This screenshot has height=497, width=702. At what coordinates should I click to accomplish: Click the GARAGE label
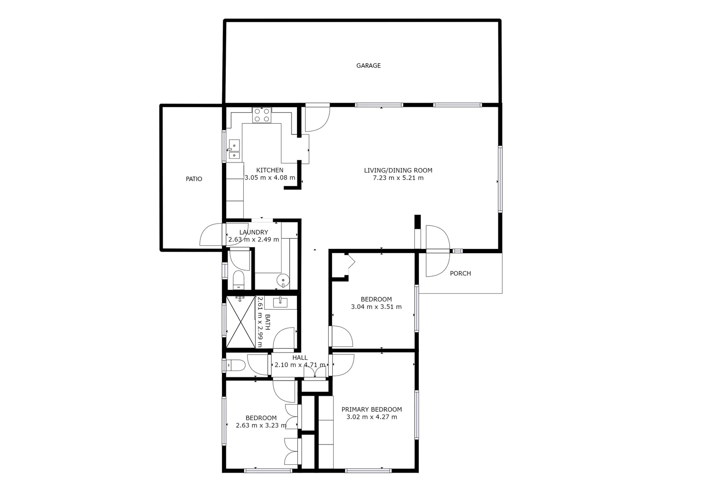coord(368,66)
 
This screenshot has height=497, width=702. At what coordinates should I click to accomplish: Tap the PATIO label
coord(194,179)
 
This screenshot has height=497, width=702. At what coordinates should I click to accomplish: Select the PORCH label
coord(460,273)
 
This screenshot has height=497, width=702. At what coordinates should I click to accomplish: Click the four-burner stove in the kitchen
coord(262,115)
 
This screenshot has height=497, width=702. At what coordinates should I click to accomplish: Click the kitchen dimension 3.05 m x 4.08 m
coord(270,178)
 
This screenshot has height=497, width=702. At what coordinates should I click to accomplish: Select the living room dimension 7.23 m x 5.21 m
coord(398,178)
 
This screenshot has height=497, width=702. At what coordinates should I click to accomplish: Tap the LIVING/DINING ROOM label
coord(398,170)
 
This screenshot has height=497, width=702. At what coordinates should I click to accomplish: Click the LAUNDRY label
coord(253,232)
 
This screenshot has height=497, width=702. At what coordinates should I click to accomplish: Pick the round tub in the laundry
coord(283,279)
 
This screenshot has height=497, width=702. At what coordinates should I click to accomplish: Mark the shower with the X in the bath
coord(240,322)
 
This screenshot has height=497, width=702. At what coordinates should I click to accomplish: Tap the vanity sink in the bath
coord(280,302)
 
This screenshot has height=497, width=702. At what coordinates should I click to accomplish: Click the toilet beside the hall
coord(235,365)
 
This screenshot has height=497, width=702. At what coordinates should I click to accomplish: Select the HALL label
coord(300,358)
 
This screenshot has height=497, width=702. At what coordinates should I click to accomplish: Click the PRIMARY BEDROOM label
coord(371,410)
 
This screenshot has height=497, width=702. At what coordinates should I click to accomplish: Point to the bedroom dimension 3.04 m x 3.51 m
coord(376,307)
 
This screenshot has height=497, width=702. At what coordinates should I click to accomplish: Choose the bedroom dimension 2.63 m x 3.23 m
coord(261,426)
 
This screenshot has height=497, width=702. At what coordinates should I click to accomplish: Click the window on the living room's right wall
coord(500,179)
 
